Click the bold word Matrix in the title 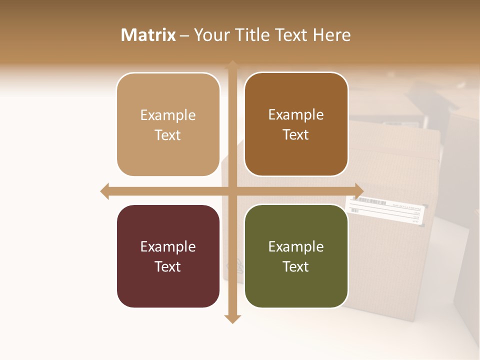tap(148, 35)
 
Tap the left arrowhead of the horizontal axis tap(104, 191)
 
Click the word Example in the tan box tap(168, 115)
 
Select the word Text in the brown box tap(296, 135)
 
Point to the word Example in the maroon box tap(168, 247)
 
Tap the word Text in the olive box tap(296, 266)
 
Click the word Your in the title tap(211, 35)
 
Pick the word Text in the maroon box tap(168, 266)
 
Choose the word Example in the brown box tap(296, 115)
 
